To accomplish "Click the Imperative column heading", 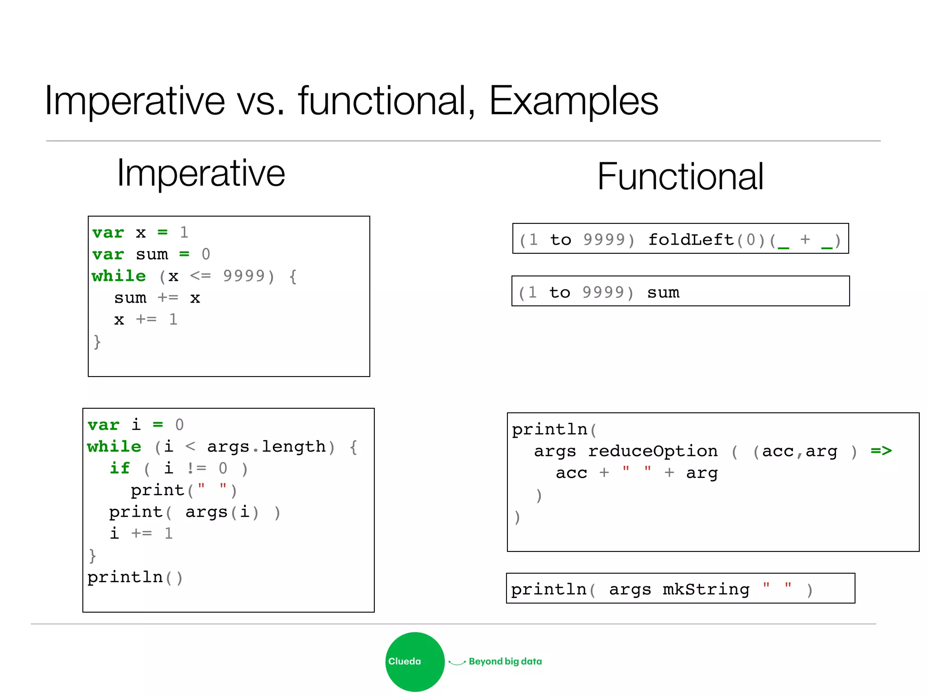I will click(x=201, y=174).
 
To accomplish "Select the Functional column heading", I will click(x=680, y=177).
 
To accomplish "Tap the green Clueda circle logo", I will click(x=415, y=662).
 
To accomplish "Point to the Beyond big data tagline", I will click(x=505, y=662).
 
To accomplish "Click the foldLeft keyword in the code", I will click(x=691, y=240).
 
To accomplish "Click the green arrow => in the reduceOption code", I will click(x=881, y=451).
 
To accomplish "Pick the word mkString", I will click(x=706, y=590).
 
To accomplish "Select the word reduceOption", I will click(x=653, y=451).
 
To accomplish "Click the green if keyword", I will click(x=120, y=469).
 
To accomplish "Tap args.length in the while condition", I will click(x=266, y=447).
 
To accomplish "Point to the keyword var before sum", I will click(x=108, y=255).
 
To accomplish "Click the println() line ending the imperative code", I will click(x=135, y=578).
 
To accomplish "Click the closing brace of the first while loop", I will click(x=97, y=342).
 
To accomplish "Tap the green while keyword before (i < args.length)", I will click(x=114, y=447).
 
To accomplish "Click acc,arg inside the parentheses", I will click(x=799, y=451).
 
